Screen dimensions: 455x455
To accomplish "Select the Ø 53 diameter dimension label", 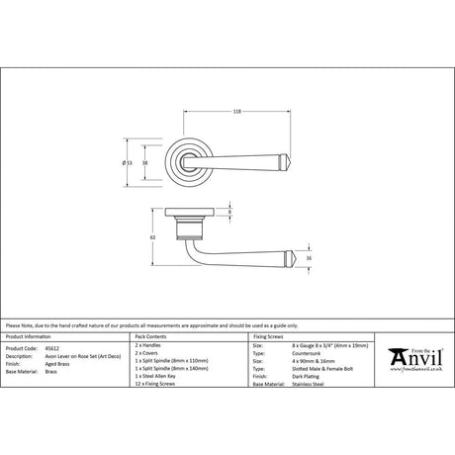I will click(x=130, y=162).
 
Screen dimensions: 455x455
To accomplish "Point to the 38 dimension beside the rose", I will click(x=145, y=162).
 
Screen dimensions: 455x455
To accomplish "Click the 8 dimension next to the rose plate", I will click(x=230, y=213).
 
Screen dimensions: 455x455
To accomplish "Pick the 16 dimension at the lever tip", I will click(x=310, y=259).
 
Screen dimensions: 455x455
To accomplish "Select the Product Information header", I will click(x=30, y=337).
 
